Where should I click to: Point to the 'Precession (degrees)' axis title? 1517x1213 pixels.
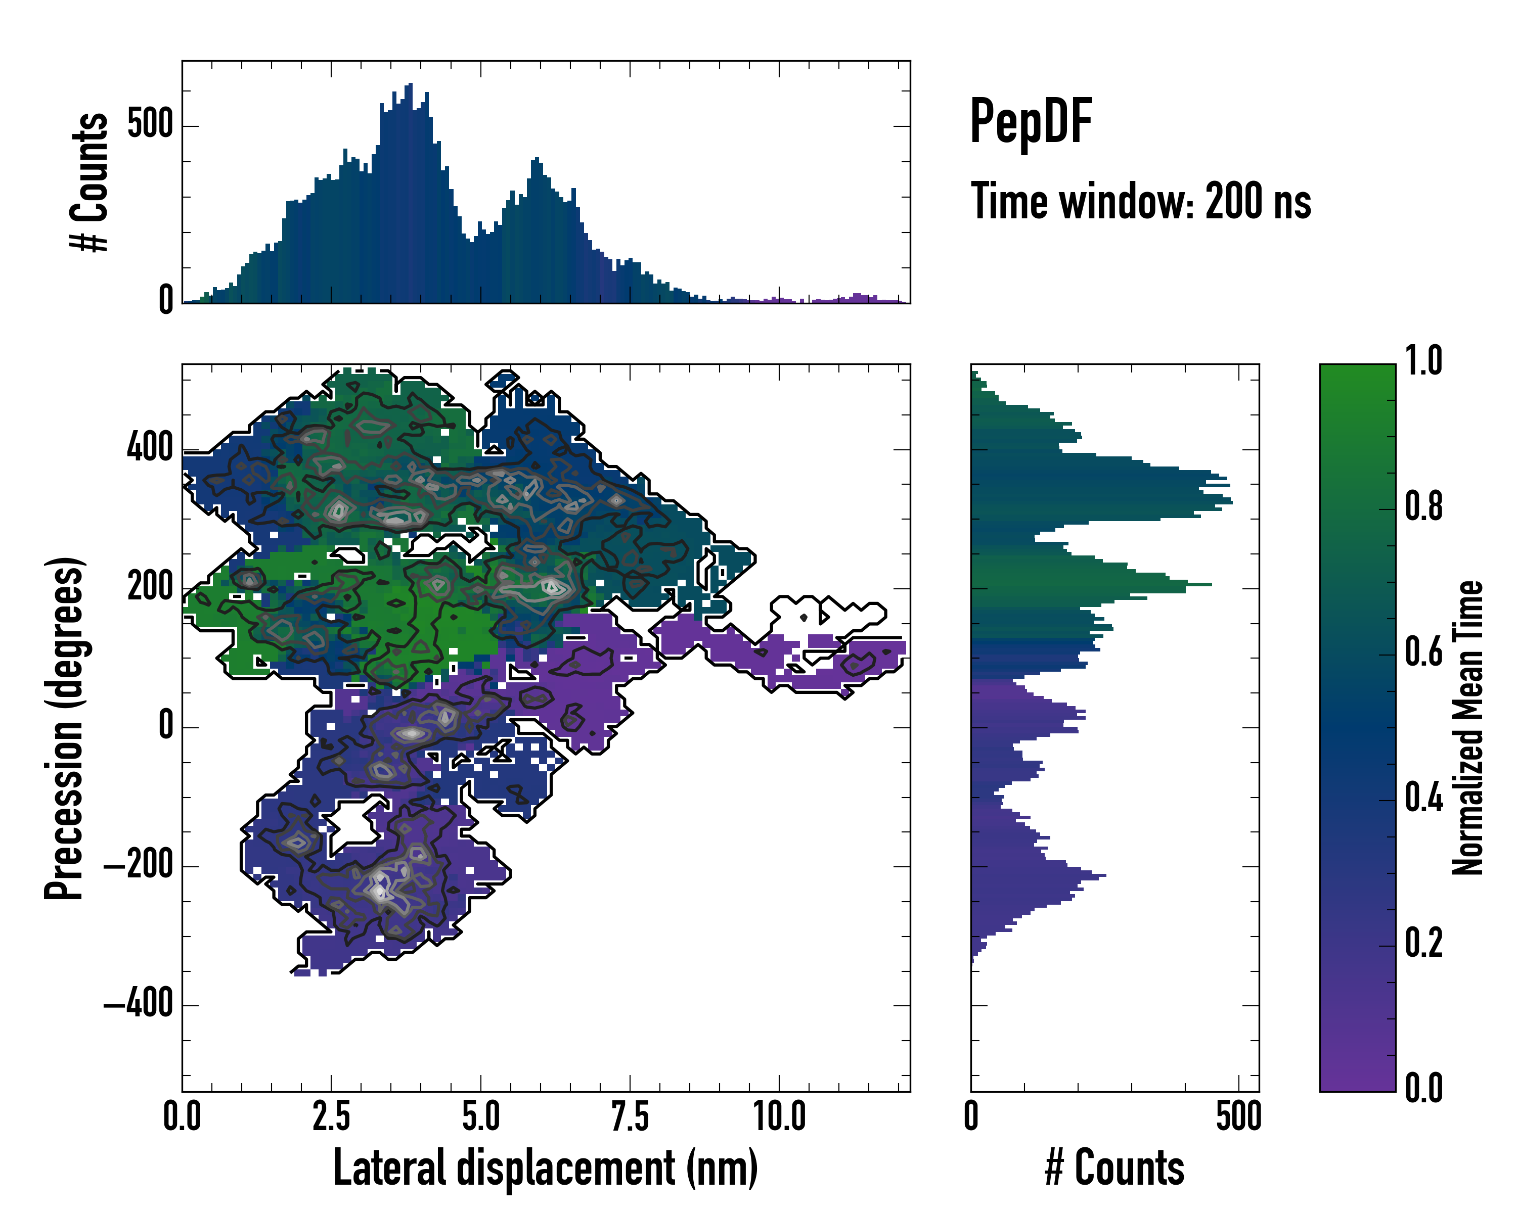65,728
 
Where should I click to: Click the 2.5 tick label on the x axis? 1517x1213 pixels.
331,1116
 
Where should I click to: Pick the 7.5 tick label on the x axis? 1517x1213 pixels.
630,1116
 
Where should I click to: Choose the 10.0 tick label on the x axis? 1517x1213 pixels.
779,1116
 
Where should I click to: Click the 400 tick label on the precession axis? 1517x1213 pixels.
150,447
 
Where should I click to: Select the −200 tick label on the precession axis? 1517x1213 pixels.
139,866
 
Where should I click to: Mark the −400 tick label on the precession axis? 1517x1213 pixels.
139,1004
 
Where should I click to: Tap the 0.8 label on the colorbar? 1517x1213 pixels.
1423,507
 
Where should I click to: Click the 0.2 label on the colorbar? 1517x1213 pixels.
1423,943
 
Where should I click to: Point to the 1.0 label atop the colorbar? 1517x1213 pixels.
1423,361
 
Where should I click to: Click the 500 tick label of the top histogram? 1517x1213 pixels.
150,125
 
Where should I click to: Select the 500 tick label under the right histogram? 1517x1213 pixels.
1238,1116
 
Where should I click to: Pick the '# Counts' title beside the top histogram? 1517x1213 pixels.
90,181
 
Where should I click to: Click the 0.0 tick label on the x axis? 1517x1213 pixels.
182,1116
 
